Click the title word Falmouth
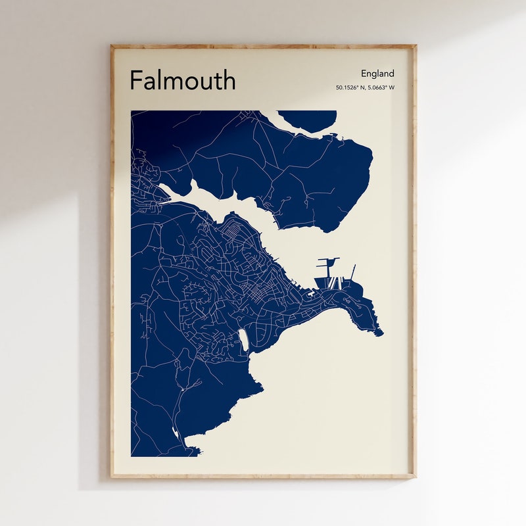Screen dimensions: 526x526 pos(182,80)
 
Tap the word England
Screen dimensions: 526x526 pos(377,74)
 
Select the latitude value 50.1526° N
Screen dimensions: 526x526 pos(350,87)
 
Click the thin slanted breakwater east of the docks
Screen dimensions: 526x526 pos(353,272)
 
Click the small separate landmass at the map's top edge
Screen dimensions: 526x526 pos(308,120)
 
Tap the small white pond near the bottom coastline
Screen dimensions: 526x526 pos(174,432)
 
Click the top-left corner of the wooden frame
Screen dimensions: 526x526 pos(112,47)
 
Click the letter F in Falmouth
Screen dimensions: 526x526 pos(135,80)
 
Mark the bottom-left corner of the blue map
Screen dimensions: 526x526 pos(132,455)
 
